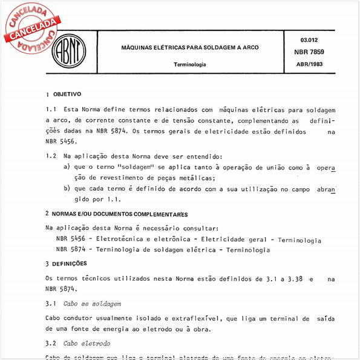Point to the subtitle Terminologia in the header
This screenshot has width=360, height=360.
[x=189, y=64]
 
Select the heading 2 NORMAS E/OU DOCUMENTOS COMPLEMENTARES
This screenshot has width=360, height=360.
[x=116, y=214]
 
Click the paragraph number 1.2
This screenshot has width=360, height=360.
[x=51, y=155]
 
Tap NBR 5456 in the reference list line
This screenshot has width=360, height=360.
[x=70, y=240]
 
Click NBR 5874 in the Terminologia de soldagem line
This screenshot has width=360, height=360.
[x=70, y=249]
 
